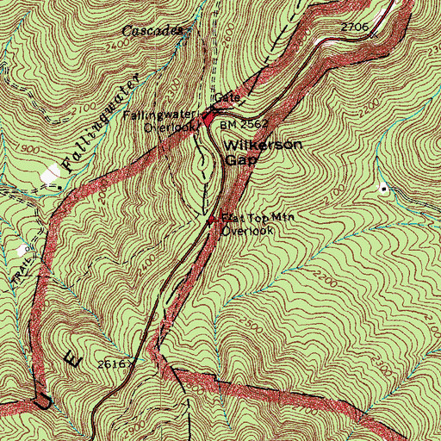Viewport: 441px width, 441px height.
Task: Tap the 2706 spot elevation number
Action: pyautogui.click(x=354, y=28)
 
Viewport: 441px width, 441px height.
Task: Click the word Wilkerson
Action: pyautogui.click(x=263, y=145)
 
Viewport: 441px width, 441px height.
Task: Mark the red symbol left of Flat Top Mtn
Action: pyautogui.click(x=214, y=218)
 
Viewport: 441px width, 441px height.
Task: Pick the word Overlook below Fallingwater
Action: pyautogui.click(x=170, y=127)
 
